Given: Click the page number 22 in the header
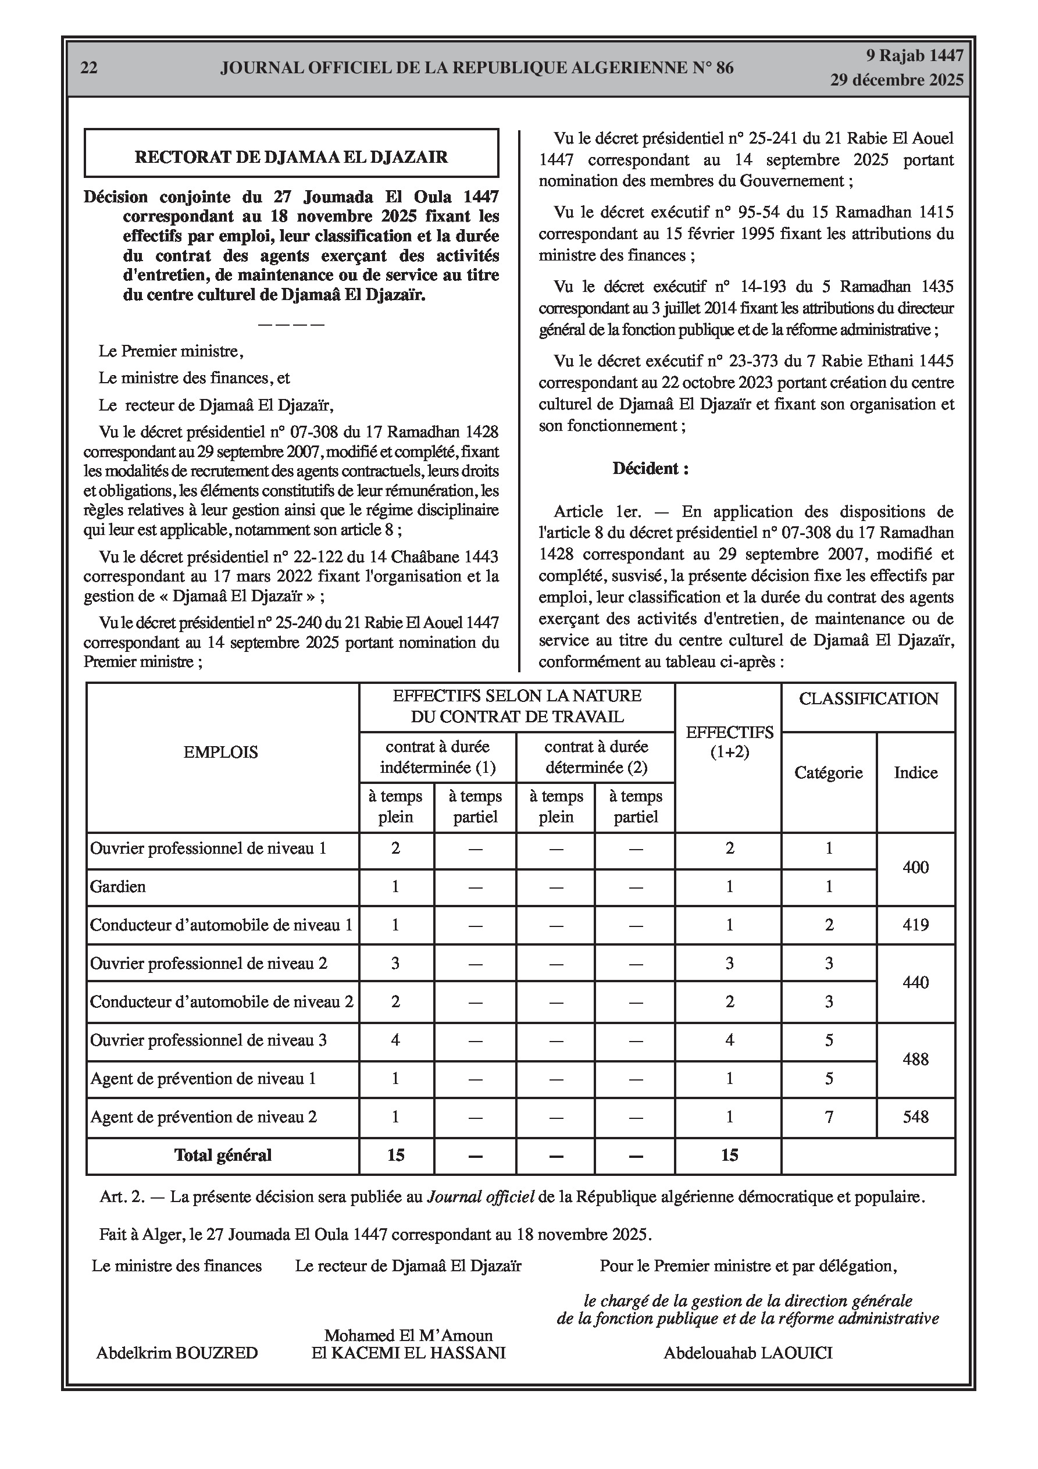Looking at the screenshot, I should (89, 68).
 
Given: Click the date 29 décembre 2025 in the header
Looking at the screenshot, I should (897, 80).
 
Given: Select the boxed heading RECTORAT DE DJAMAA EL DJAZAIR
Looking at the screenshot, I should (291, 157).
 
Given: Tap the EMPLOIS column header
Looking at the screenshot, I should (221, 752).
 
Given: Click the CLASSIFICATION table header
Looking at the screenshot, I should (868, 698).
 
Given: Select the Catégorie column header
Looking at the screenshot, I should (828, 772).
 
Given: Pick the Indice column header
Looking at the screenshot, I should (915, 772).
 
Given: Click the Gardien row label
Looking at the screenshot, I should (119, 886).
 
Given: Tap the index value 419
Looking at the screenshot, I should (915, 925).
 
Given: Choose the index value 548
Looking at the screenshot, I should (915, 1117).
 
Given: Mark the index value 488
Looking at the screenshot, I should (915, 1059).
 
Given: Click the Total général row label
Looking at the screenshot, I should (223, 1155).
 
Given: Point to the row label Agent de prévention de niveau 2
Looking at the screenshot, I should (204, 1117).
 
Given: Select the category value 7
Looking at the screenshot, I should (829, 1117).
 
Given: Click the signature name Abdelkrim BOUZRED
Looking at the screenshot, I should (177, 1353).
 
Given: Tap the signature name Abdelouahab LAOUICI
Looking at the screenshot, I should (747, 1353).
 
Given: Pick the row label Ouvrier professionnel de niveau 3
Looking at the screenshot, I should (209, 1040).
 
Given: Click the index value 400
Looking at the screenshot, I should (915, 867).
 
